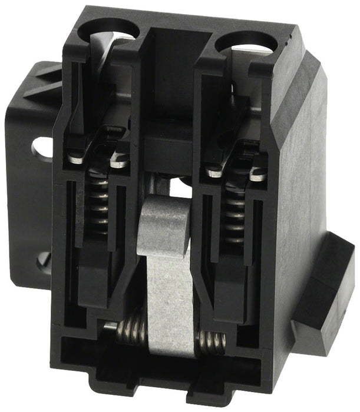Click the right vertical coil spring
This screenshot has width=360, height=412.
235,212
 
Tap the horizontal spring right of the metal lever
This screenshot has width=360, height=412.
212,341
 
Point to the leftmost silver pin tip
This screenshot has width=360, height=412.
75,158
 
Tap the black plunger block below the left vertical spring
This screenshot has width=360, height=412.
97,271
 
